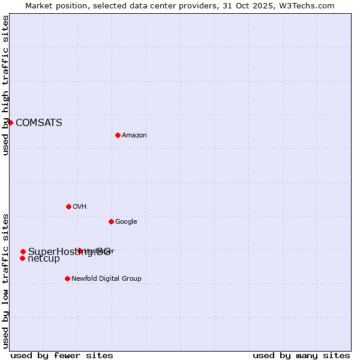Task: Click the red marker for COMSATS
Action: [10, 122]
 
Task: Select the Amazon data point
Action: [118, 135]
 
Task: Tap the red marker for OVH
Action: [68, 206]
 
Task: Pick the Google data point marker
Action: [111, 221]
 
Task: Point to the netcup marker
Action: [22, 259]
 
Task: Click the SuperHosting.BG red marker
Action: [23, 251]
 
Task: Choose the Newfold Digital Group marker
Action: [67, 278]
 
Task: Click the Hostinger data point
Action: [80, 251]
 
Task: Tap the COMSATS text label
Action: [38, 123]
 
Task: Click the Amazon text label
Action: [134, 136]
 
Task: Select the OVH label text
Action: [79, 207]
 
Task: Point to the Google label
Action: [126, 222]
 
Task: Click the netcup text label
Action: [44, 259]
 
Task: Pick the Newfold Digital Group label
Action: [106, 279]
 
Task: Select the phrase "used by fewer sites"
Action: [62, 355]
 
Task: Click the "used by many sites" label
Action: [301, 355]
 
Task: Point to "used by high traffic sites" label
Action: [6, 85]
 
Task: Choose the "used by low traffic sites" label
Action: [6, 280]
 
